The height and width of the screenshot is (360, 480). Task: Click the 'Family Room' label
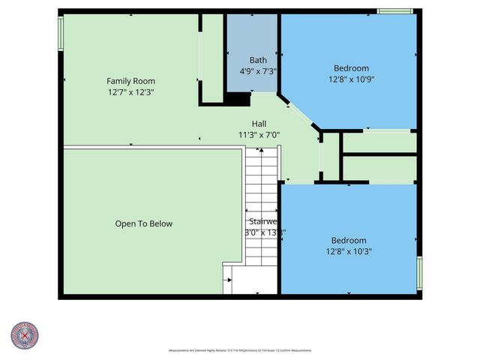pos(130,81)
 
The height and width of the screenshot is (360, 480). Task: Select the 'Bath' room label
pos(258,60)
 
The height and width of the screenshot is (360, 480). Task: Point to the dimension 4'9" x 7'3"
pos(258,70)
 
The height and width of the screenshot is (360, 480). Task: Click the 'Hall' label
pos(258,124)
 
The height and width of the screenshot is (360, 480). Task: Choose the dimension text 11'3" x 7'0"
pos(258,135)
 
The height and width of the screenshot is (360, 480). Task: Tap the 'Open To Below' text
pos(143,223)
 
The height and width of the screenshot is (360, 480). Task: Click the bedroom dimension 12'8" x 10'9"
pos(351,78)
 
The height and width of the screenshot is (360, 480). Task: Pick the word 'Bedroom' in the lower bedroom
pos(348,240)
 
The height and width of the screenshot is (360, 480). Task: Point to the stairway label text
pos(263,222)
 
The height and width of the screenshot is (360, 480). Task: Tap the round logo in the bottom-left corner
pos(25,334)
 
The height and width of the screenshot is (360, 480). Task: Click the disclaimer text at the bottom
pos(239,350)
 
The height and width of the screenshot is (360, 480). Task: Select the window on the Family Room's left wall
pos(61,34)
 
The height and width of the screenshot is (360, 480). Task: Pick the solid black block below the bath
pos(238,99)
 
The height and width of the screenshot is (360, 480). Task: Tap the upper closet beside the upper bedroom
pos(379,142)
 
